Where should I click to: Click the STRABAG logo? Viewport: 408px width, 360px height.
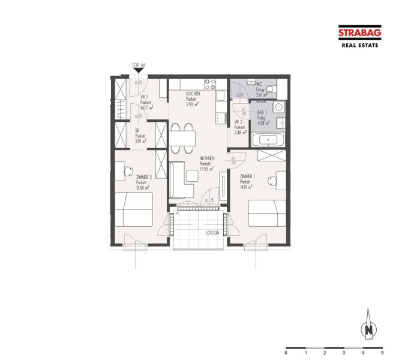359,34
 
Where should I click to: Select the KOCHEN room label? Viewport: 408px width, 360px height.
193,94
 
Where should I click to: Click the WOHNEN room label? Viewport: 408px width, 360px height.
207,158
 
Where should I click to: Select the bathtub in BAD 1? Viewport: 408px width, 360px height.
268,140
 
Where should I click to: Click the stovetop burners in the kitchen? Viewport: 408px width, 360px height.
210,85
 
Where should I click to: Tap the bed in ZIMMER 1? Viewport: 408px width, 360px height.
267,213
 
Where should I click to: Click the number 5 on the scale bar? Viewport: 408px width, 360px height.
382,354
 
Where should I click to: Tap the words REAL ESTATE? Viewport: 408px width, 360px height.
359,45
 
